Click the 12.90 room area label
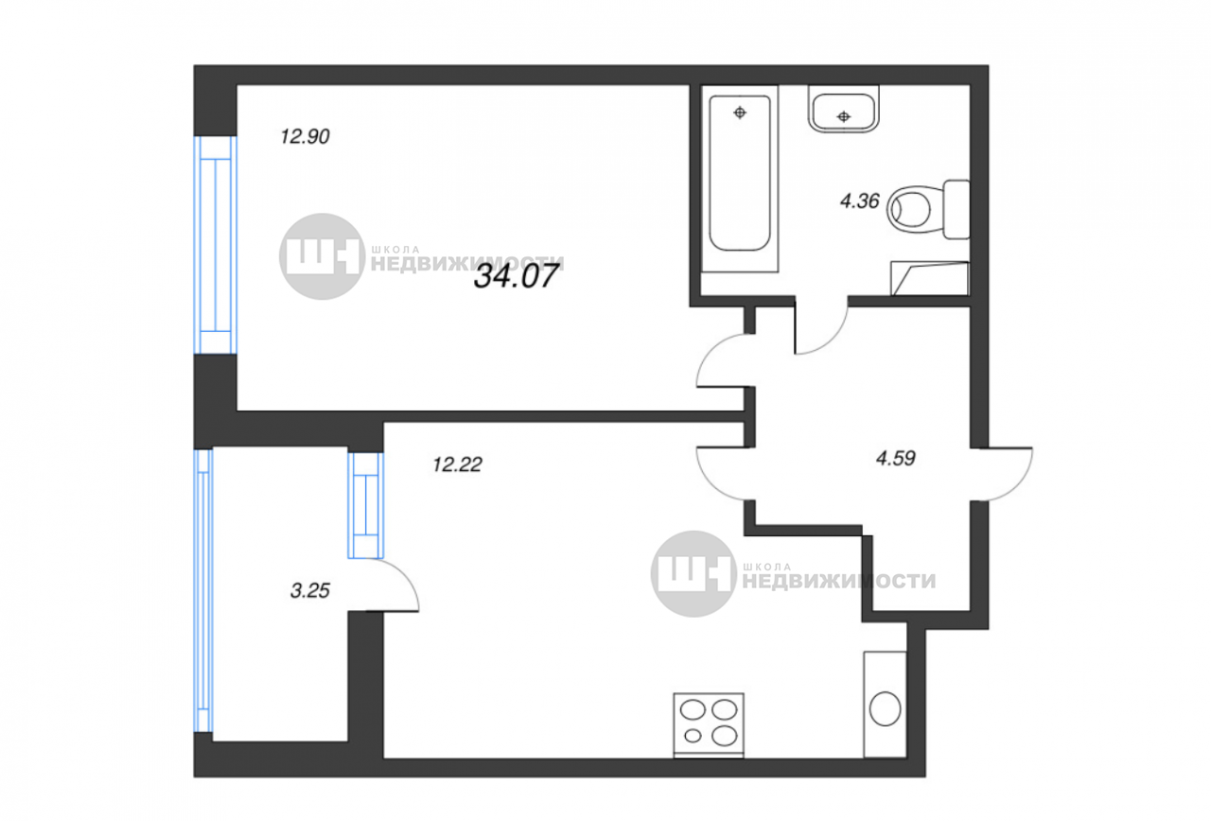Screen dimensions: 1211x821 [x=305, y=137]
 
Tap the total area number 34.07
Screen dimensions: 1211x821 [x=516, y=276]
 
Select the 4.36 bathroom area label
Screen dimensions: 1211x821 [x=860, y=201]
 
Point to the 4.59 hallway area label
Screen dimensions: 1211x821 [x=895, y=459]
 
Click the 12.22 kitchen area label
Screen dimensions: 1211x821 [x=457, y=464]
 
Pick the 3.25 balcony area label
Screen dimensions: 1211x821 [x=309, y=591]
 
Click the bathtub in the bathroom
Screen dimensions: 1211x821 [x=740, y=179]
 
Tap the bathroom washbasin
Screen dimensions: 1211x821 [x=843, y=109]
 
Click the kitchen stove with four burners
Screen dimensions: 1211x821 [x=709, y=725]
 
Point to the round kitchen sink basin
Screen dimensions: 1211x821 [x=885, y=708]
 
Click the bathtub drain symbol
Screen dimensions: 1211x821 [x=740, y=113]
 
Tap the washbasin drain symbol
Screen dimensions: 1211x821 [x=843, y=116]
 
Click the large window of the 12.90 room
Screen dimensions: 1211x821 [x=216, y=245]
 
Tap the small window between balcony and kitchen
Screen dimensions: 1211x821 [x=366, y=505]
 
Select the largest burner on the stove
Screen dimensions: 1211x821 [x=725, y=736]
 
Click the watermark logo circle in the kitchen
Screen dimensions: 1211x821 [x=693, y=574]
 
